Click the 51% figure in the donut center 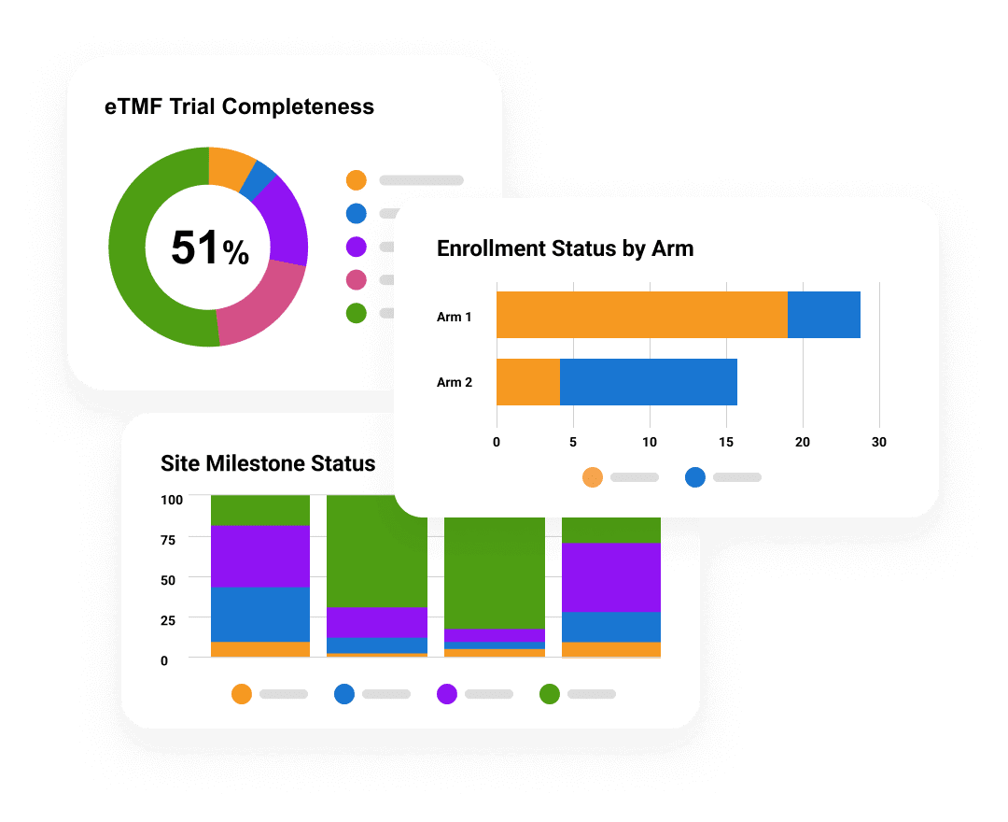[x=209, y=248]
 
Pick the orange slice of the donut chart [x=230, y=166]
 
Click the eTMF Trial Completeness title [x=239, y=106]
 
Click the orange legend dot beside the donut [x=356, y=180]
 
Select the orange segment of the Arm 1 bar [x=641, y=315]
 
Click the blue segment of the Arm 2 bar [x=648, y=382]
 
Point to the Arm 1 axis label [x=455, y=317]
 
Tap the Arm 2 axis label [x=455, y=382]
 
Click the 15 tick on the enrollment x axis [x=726, y=442]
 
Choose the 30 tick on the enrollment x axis [x=878, y=442]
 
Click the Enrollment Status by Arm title [x=565, y=248]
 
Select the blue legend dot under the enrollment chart [x=695, y=477]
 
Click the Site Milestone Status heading [x=268, y=463]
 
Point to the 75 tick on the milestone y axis [x=170, y=539]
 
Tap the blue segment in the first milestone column [x=260, y=614]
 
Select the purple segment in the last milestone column [x=610, y=577]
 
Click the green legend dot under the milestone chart [x=550, y=694]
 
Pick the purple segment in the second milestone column [x=377, y=622]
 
